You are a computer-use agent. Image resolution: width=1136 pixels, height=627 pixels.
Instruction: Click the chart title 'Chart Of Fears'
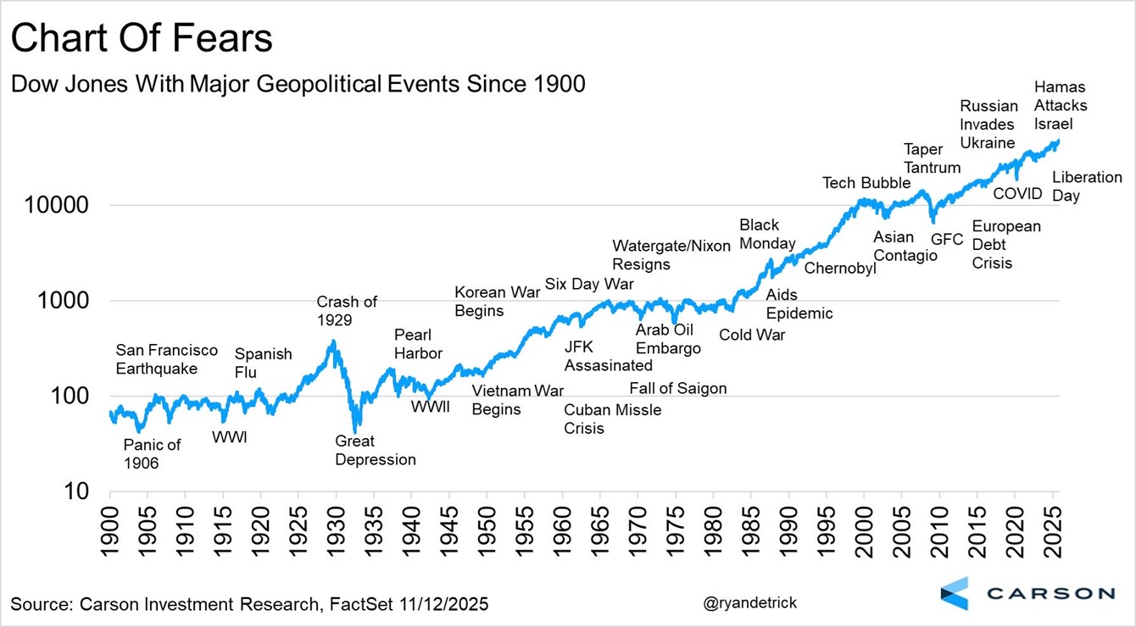(x=142, y=40)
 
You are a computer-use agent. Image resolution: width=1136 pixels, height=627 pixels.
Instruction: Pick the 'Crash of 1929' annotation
(x=346, y=311)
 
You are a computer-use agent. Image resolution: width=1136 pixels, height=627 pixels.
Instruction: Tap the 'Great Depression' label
(x=376, y=451)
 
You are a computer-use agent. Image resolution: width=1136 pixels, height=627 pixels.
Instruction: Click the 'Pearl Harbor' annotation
(x=418, y=343)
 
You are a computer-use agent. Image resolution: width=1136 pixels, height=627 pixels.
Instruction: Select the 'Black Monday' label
(x=767, y=235)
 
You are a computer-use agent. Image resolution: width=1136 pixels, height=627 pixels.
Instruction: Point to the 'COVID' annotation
(x=1017, y=194)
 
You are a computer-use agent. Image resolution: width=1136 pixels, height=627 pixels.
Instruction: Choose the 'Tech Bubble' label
(x=866, y=183)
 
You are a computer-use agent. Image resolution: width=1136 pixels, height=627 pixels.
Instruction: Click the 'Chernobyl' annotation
(x=839, y=269)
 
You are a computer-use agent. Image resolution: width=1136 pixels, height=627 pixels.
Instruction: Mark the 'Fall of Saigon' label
(x=677, y=389)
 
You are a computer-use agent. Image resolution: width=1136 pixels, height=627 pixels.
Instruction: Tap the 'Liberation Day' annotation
(x=1087, y=186)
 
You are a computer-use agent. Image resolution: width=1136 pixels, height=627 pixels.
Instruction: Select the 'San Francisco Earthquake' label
(x=166, y=359)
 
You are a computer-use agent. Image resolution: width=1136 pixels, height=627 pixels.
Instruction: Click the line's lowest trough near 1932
(x=355, y=430)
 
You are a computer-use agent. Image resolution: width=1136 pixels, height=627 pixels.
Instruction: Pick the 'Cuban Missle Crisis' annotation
(x=612, y=419)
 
